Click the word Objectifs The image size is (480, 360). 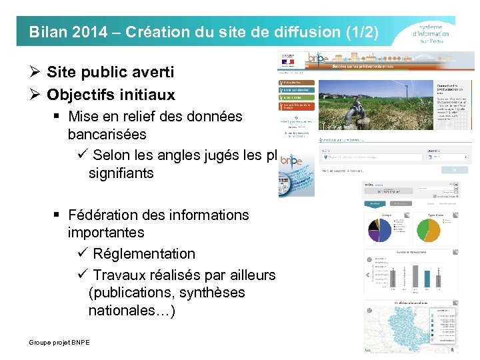coord(77,95)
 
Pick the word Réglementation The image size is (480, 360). coord(144,254)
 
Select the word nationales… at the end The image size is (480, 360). coord(132,310)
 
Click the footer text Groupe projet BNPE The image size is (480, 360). coord(59,342)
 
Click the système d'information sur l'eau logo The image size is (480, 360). coord(431,31)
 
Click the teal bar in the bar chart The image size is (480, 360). coord(427,277)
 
